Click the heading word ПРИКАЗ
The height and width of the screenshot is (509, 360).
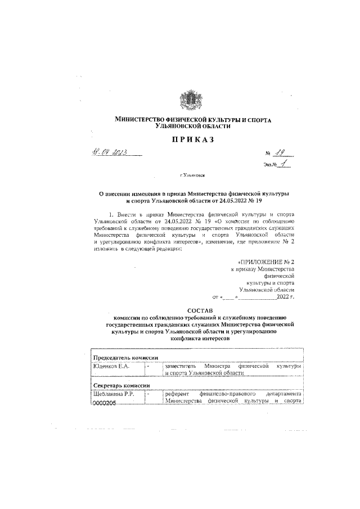pos(193,139)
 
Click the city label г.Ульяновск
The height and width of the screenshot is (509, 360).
pos(193,175)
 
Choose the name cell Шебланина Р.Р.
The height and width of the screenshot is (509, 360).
pos(114,394)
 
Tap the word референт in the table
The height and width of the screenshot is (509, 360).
pos(179,394)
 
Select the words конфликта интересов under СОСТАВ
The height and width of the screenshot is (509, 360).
pos(196,340)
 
